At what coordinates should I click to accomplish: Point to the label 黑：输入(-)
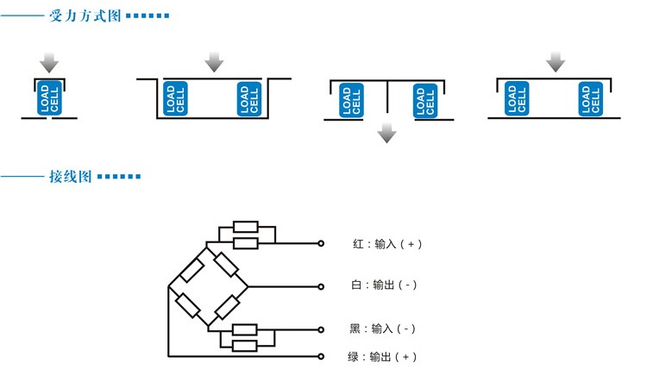(x=383, y=329)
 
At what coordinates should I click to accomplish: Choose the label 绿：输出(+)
(x=383, y=357)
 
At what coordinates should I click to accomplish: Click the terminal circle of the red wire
(x=321, y=244)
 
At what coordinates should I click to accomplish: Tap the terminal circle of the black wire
(x=321, y=329)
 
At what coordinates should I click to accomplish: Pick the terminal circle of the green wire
(x=321, y=356)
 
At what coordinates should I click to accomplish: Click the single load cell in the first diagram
(x=50, y=98)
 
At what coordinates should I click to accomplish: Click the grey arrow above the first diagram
(x=50, y=62)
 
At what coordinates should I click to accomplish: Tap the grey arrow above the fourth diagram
(x=556, y=62)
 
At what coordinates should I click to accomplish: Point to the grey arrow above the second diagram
(x=214, y=62)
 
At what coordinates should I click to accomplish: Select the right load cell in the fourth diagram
(x=591, y=100)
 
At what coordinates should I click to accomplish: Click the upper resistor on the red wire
(x=245, y=228)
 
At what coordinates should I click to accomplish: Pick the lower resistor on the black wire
(x=245, y=346)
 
